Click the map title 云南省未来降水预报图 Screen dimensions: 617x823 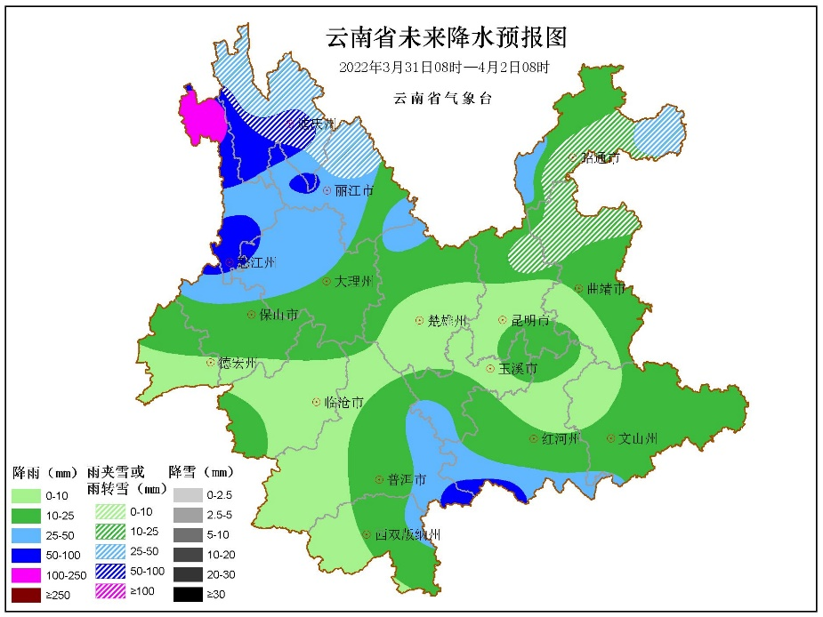click(446, 38)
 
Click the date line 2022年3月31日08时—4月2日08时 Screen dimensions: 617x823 click(444, 68)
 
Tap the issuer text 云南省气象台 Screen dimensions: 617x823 click(442, 98)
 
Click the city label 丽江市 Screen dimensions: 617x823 click(353, 191)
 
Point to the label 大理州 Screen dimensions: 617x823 click(352, 281)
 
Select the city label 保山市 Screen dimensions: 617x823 click(277, 315)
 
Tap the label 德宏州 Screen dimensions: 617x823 click(237, 363)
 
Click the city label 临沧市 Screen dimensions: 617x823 click(343, 403)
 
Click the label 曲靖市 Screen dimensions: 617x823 click(605, 289)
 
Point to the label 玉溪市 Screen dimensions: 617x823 click(517, 368)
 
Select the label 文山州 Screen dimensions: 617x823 click(637, 438)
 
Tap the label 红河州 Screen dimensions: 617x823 click(561, 439)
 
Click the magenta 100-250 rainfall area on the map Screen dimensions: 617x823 click(199, 118)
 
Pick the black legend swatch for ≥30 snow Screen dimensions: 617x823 click(189, 595)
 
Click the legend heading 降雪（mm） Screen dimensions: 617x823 click(201, 471)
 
